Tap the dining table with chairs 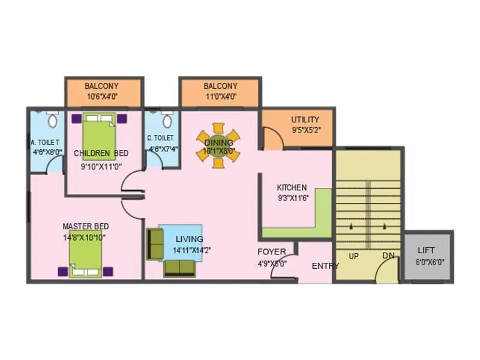(x=218, y=145)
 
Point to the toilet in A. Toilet (x=52, y=121)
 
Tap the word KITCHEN (x=292, y=187)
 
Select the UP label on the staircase (x=354, y=256)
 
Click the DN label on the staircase (x=388, y=256)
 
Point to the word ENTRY (x=325, y=266)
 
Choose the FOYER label (x=272, y=251)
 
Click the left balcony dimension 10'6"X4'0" (x=101, y=96)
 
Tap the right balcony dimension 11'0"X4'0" (x=220, y=96)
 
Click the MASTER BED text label (x=86, y=226)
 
